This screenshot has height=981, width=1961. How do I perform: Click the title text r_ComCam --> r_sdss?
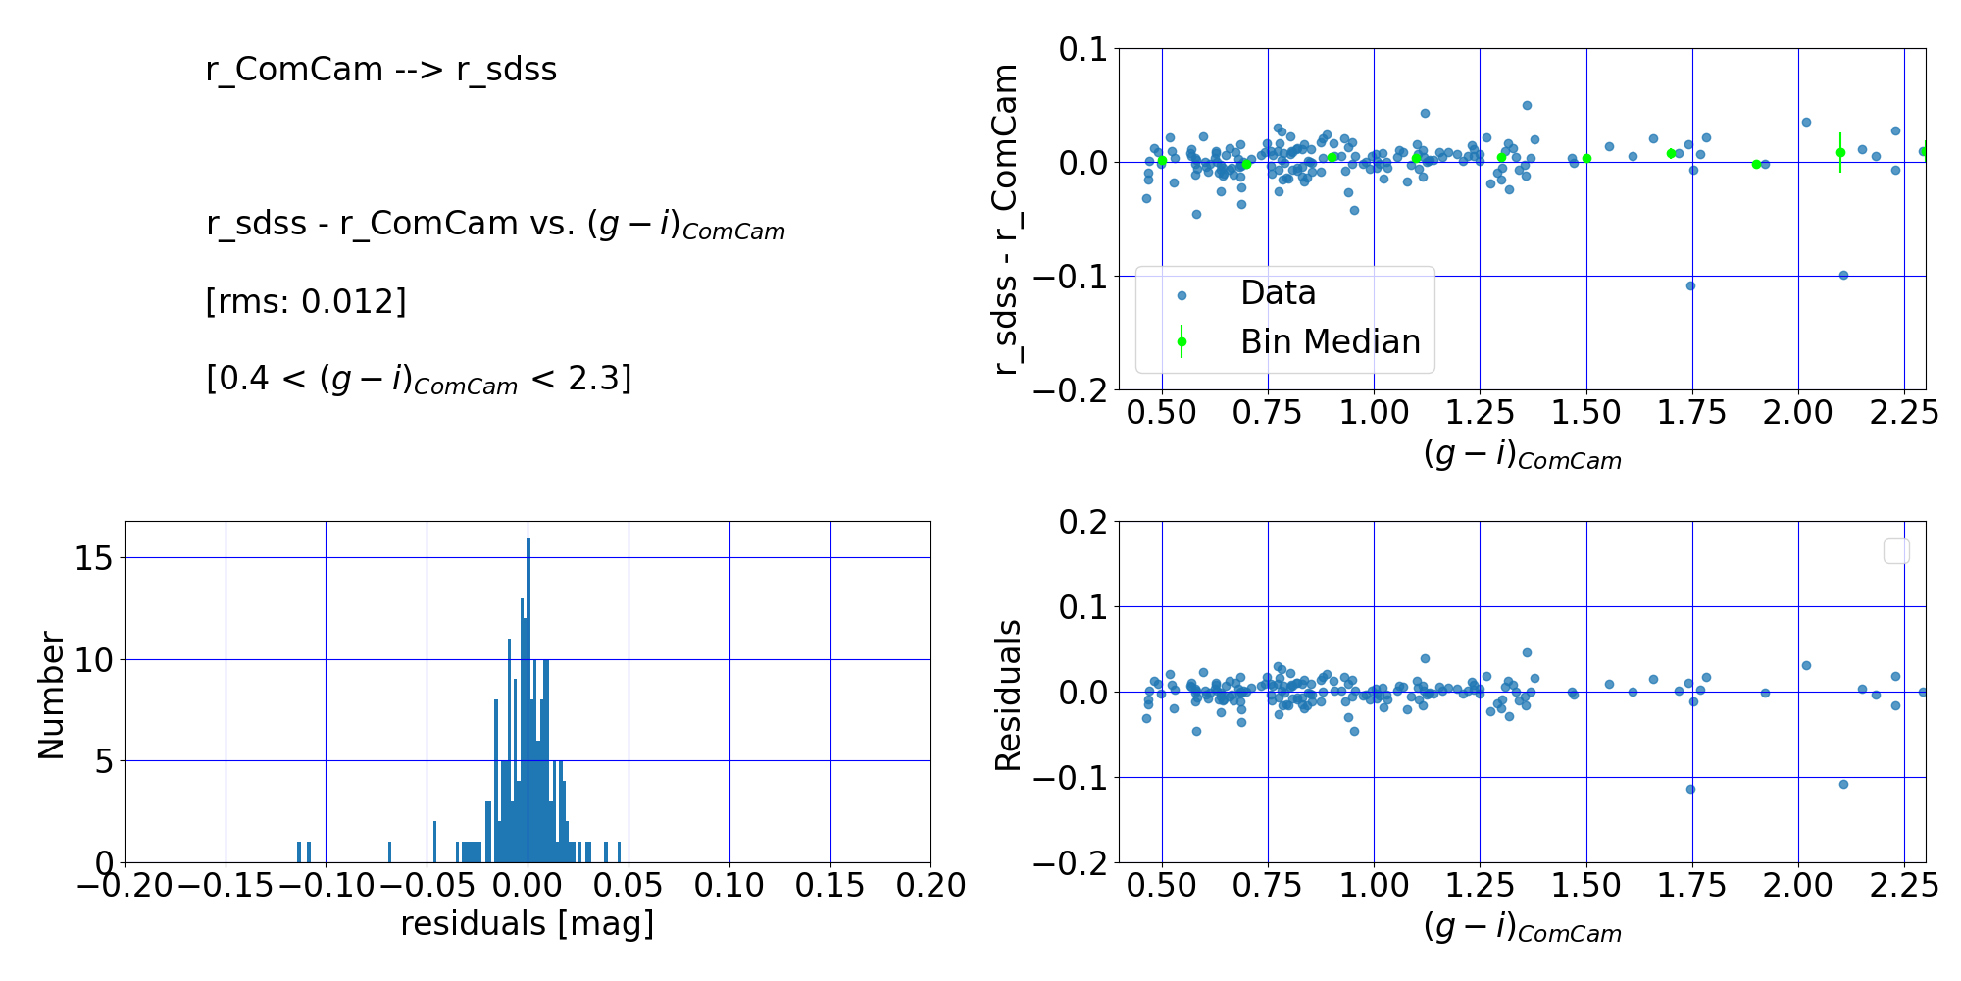coord(380,70)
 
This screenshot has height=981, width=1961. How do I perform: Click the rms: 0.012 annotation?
coord(305,301)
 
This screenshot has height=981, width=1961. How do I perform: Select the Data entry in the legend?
coord(1278,293)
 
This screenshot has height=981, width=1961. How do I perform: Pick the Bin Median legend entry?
coord(1330,341)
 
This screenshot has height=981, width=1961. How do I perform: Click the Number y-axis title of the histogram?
coord(51,696)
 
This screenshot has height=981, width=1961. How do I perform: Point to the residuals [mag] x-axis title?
coord(527,924)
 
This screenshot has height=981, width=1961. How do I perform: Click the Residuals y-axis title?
coord(1008,695)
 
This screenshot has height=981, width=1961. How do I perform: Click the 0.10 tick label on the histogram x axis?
coord(729,886)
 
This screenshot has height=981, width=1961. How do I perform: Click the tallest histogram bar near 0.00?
coord(528,699)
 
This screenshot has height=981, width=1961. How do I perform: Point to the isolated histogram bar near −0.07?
coord(389,852)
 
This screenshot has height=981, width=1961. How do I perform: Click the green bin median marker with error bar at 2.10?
coord(1840,152)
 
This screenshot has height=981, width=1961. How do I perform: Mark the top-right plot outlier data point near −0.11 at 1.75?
coord(1690,286)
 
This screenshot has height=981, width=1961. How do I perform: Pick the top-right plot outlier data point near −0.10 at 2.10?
coord(1843,275)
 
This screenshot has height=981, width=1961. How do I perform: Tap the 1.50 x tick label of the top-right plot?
coord(1585,413)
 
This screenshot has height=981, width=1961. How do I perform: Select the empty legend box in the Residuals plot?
coord(1896,551)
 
